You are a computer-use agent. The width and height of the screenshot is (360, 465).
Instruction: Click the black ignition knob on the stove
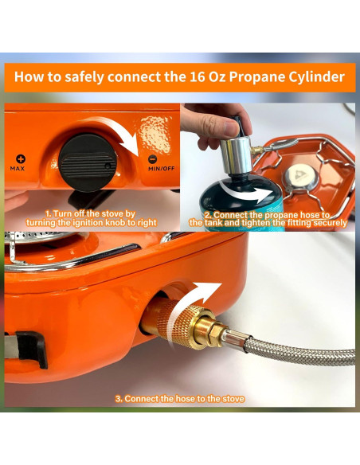pyautogui.click(x=88, y=162)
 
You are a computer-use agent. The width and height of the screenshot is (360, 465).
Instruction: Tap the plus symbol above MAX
pyautogui.click(x=21, y=159)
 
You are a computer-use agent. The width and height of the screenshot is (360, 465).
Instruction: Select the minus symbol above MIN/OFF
pyautogui.click(x=152, y=159)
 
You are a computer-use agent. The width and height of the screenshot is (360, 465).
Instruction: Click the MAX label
pyautogui.click(x=18, y=169)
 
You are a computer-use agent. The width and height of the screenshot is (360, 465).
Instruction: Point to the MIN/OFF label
pyautogui.click(x=162, y=169)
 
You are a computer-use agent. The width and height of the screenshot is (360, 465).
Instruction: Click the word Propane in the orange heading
pyautogui.click(x=256, y=76)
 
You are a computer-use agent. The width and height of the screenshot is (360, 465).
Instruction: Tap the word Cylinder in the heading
pyautogui.click(x=316, y=76)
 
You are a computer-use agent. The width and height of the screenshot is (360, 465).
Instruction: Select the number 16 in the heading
pyautogui.click(x=195, y=76)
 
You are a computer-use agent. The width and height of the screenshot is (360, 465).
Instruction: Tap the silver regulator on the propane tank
pyautogui.click(x=236, y=155)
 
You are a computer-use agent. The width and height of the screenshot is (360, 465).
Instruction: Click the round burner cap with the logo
pyautogui.click(x=301, y=178)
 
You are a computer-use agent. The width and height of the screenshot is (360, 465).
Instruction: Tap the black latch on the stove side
pyautogui.click(x=32, y=350)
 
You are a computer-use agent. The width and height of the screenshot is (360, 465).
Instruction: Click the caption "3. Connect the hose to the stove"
pyautogui.click(x=180, y=399)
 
